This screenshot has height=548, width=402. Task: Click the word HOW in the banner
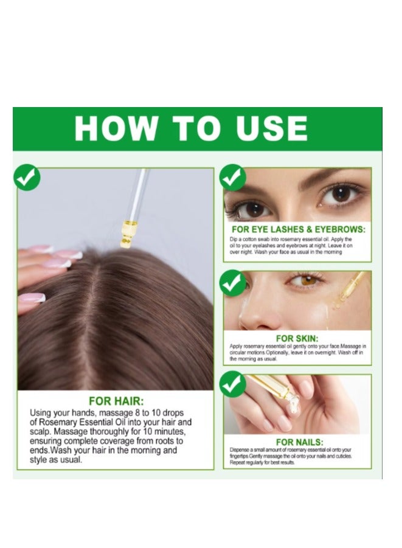pos(116,128)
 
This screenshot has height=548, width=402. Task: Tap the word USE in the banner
pos(272,128)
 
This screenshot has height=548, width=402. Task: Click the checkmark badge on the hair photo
pos(27,177)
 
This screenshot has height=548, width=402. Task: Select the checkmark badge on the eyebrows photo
pos(232,177)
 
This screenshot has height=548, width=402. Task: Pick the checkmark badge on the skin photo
pos(232,283)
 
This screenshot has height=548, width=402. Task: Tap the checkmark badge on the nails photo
pos(232,384)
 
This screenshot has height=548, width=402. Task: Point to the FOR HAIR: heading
pos(116,401)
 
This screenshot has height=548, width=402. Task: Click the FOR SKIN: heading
pos(297,338)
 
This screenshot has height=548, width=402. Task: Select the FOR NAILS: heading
pos(300,442)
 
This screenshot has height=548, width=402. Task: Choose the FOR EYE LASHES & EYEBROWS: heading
pos(298,229)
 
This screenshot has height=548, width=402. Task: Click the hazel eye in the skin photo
pos(308,280)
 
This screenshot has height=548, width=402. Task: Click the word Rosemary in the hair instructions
pos(58,422)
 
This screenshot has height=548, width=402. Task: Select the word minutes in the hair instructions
pos(168,431)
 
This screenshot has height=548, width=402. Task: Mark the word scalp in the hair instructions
pos(40,432)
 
